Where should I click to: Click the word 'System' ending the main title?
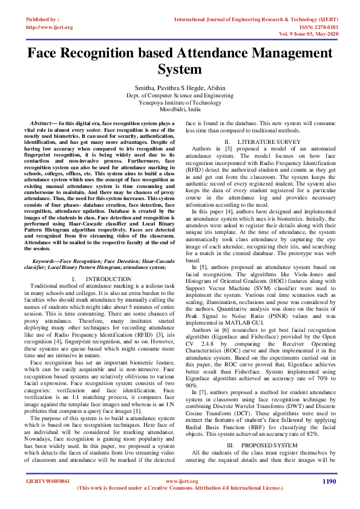pyautogui.click(x=179, y=70)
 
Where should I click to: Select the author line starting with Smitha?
pyautogui.click(x=180, y=88)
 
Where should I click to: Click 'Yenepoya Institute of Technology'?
pyautogui.click(x=180, y=103)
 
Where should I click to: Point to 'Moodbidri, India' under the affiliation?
pyautogui.click(x=180, y=110)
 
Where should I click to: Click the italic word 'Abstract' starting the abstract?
pyautogui.click(x=44, y=123)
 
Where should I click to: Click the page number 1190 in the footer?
pyautogui.click(x=329, y=481)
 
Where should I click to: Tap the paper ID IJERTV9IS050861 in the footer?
pyautogui.click(x=48, y=481)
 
